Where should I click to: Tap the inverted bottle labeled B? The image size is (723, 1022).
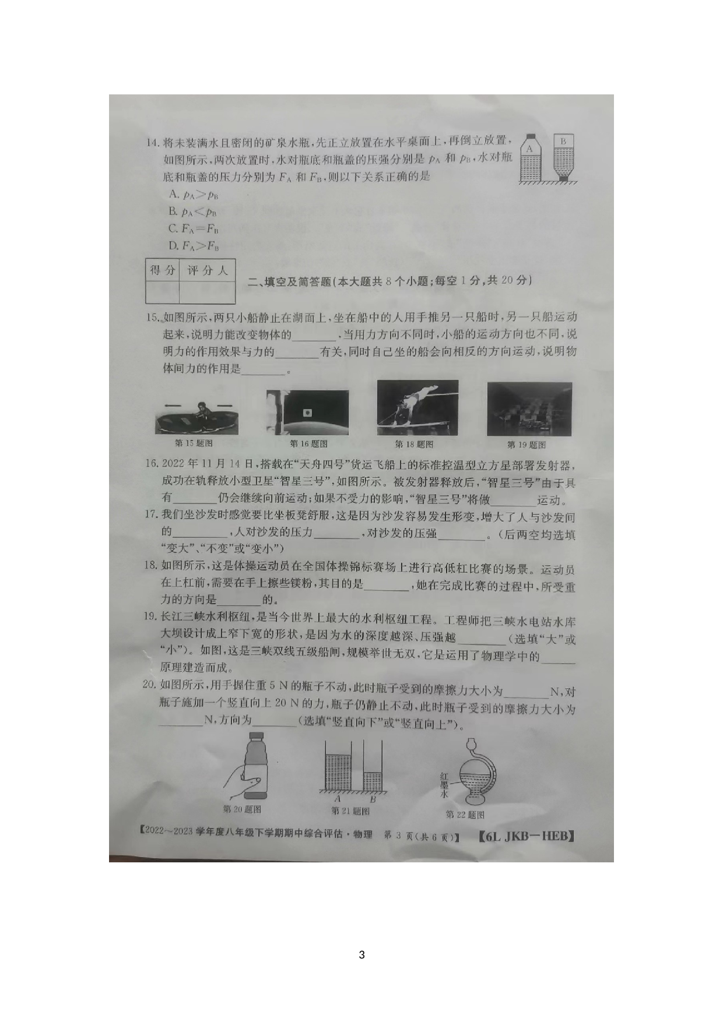(563, 157)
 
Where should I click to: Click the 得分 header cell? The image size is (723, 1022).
(162, 270)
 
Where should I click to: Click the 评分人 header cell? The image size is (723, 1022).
(207, 270)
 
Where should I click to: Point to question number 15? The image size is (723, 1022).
(152, 318)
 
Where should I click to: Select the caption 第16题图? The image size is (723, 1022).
(308, 444)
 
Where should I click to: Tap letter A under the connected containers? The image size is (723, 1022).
(338, 799)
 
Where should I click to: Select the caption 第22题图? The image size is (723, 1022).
(465, 815)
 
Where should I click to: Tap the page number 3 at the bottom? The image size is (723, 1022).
(361, 954)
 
